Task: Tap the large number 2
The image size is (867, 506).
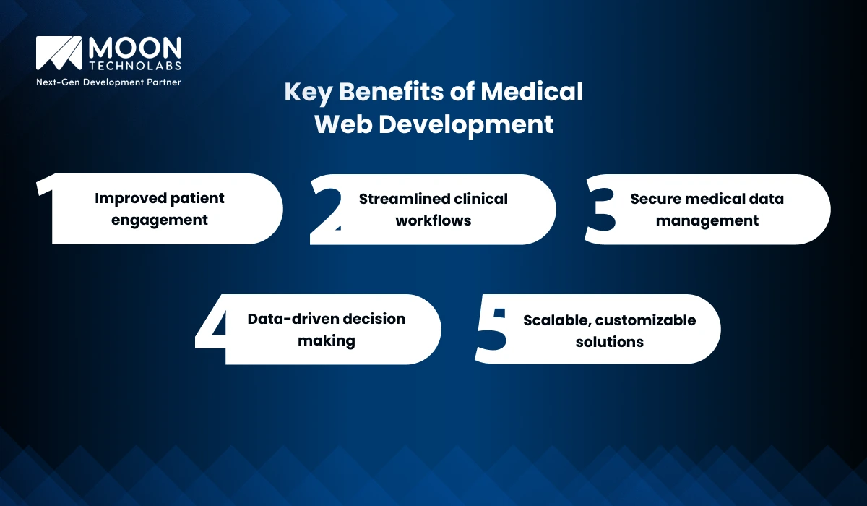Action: (326, 210)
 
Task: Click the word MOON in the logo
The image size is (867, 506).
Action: (134, 48)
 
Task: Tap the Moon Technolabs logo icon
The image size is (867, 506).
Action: (59, 53)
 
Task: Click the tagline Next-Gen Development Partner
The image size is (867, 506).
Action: (108, 82)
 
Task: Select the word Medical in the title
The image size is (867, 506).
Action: (532, 93)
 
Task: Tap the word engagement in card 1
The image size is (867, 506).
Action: (160, 220)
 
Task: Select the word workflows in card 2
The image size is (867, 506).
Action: (433, 220)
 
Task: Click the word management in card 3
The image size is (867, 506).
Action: (707, 220)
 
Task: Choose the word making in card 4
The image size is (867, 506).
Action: (326, 340)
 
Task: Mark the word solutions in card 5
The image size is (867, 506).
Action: (609, 341)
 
